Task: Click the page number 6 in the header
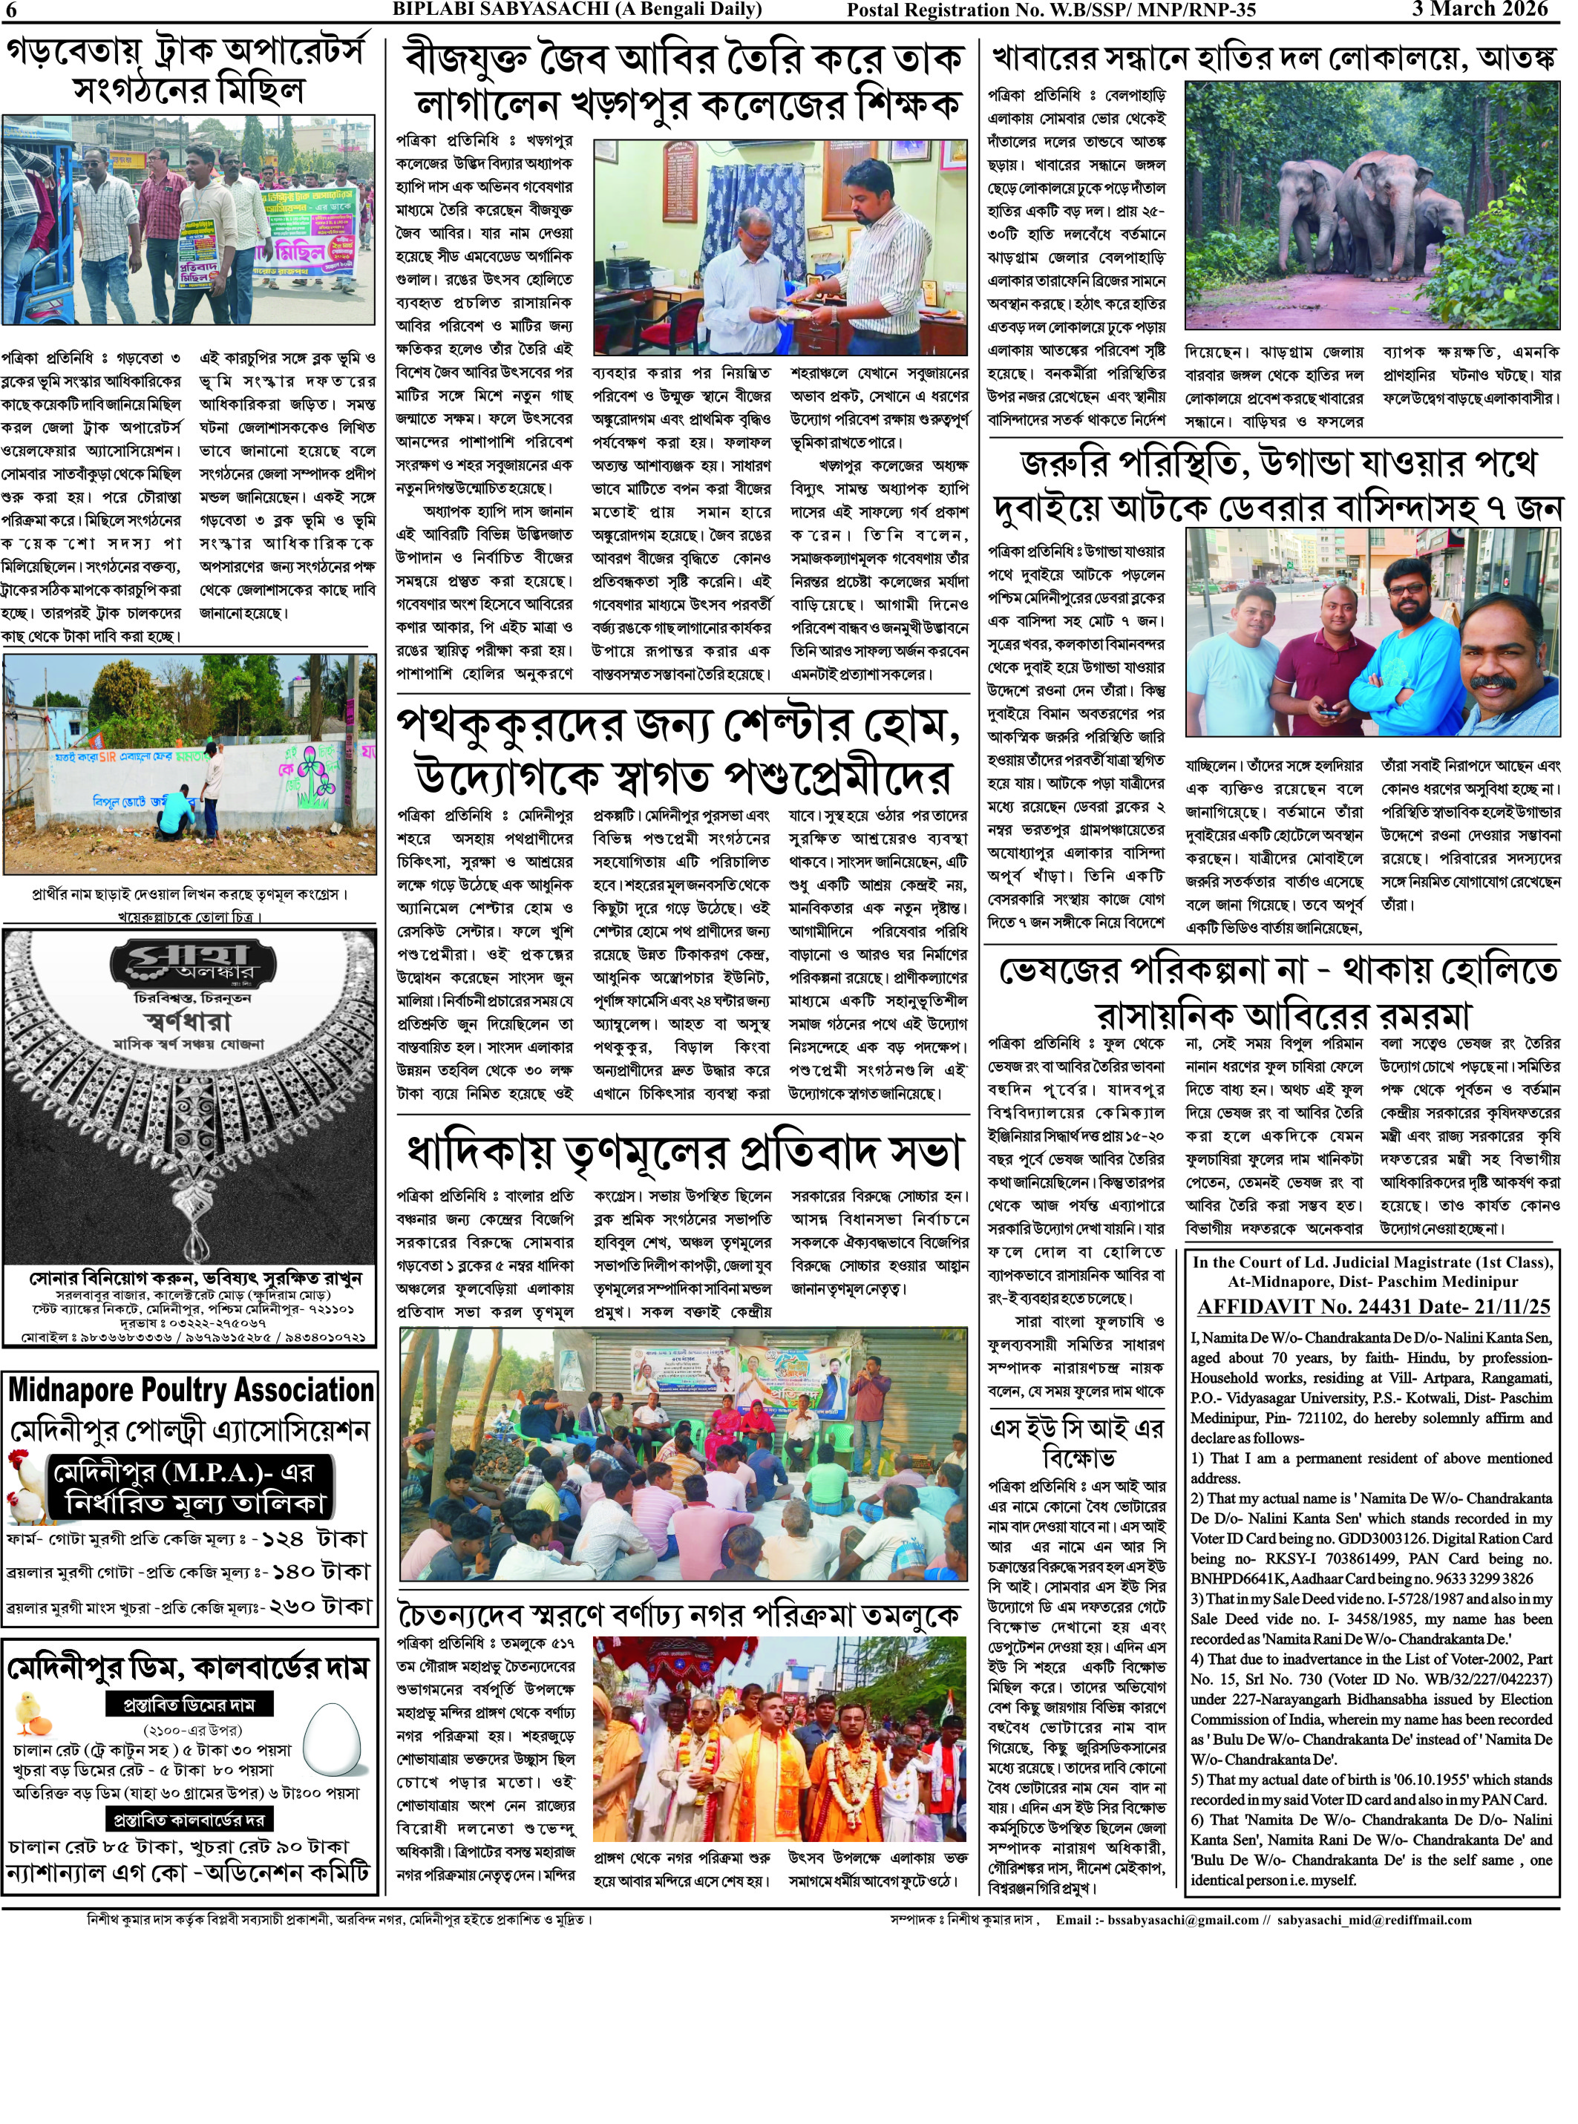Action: (10, 10)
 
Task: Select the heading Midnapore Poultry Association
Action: (190, 1389)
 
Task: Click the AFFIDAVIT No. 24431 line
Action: (1374, 1306)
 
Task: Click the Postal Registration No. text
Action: (1051, 10)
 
